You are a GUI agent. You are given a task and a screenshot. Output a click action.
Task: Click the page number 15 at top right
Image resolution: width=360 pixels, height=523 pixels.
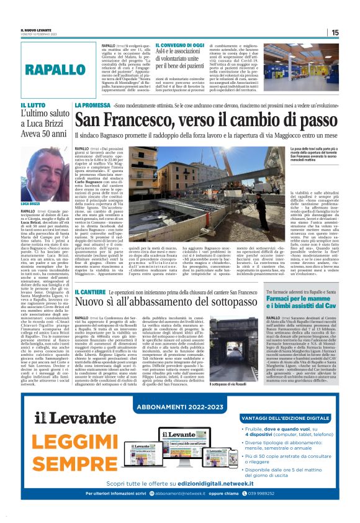tap(335, 32)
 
